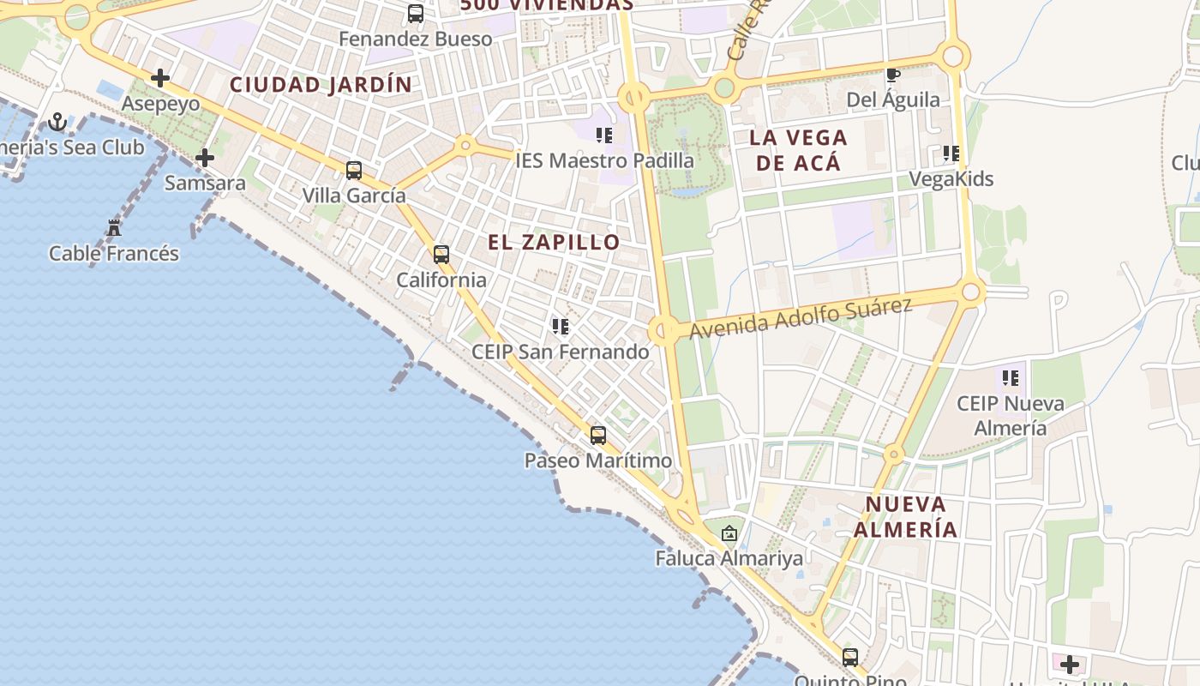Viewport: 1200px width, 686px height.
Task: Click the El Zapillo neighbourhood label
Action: coord(554,242)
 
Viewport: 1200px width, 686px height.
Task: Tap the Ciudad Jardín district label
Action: coord(321,85)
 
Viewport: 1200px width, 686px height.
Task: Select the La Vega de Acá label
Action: coord(797,150)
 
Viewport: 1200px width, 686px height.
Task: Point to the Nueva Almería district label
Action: coord(905,516)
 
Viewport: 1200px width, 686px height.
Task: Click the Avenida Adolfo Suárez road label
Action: coord(801,318)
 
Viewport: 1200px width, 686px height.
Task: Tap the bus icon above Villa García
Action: coord(354,170)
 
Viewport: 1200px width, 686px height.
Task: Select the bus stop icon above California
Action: coord(441,254)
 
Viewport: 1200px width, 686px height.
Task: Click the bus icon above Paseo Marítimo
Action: coord(598,435)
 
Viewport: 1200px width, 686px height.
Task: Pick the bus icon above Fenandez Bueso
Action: coord(416,14)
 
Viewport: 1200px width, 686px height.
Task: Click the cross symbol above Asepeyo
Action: coord(160,78)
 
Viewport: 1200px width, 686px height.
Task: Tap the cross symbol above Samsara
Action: coord(205,158)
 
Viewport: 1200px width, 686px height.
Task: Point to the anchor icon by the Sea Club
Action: coord(57,122)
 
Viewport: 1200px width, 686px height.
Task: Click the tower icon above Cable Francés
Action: coord(114,228)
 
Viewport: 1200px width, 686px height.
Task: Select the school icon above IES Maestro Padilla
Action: coord(604,135)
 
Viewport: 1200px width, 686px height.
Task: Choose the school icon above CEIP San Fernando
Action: coord(561,326)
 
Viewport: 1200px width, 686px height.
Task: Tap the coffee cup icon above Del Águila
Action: coord(893,75)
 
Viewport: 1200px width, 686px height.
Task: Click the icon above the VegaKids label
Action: coord(951,153)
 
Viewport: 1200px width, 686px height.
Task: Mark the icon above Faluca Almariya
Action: coord(729,533)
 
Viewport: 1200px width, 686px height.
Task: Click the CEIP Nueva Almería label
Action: coord(1011,415)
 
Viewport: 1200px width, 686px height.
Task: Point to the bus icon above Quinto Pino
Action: coord(850,658)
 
